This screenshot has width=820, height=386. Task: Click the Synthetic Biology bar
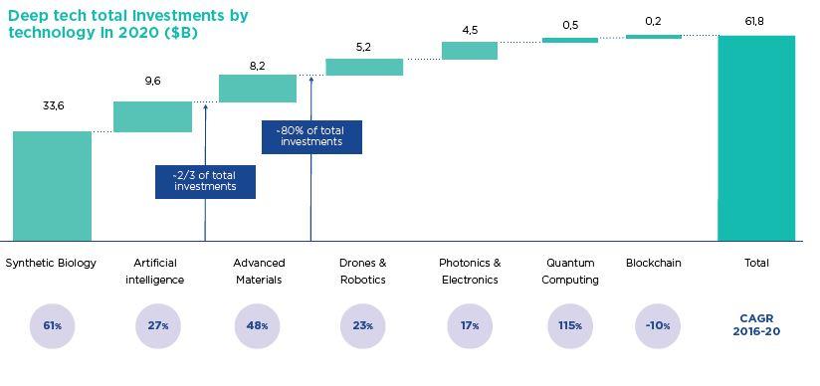tap(52, 186)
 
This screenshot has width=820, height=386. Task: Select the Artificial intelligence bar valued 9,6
tap(152, 116)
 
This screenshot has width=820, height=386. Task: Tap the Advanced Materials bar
tap(258, 89)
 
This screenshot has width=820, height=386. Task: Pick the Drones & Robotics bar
tap(364, 67)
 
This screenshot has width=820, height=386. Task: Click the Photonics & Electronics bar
tap(470, 51)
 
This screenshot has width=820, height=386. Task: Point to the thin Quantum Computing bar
tap(570, 40)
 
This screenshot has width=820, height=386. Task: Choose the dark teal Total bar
tap(756, 138)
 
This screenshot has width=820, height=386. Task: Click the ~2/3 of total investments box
tap(205, 181)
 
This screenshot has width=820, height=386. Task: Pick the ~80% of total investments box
tap(311, 136)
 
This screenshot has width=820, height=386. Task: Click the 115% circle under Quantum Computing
tap(571, 325)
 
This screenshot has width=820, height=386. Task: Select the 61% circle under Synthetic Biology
tap(53, 325)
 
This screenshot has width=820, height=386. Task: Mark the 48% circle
tap(258, 325)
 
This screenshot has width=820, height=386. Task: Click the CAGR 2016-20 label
tap(756, 325)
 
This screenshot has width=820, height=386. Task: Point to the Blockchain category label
tap(654, 263)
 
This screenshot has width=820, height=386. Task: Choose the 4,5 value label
tap(470, 30)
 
